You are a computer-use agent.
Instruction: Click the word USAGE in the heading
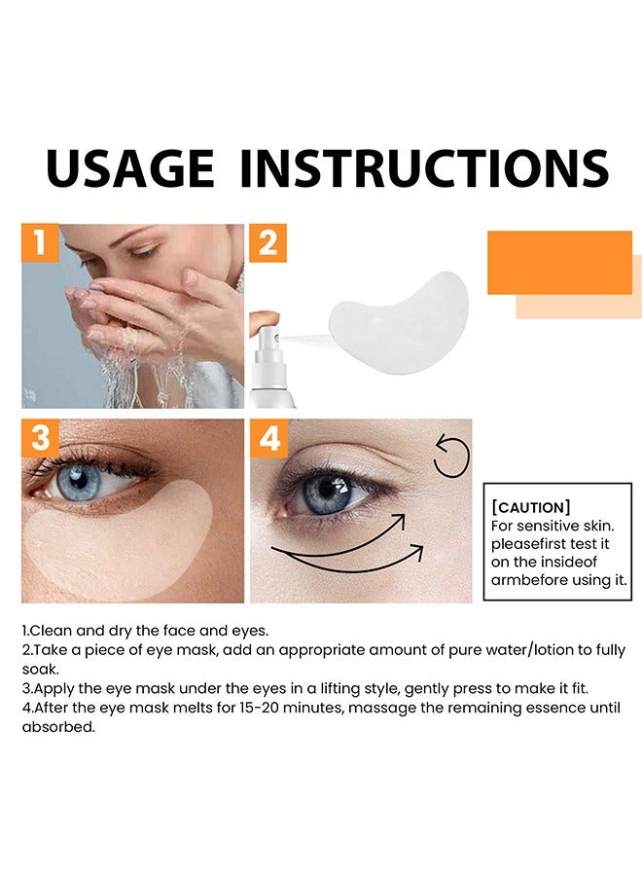coord(129,168)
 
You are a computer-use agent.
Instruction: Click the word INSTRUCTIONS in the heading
coord(423,168)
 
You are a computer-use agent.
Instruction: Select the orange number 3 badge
coord(40,438)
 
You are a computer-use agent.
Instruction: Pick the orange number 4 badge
coord(268,438)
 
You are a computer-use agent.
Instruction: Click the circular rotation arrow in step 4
coord(451,458)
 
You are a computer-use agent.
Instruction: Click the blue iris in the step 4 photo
coord(322,493)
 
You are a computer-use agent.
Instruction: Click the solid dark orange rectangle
coord(559,262)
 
